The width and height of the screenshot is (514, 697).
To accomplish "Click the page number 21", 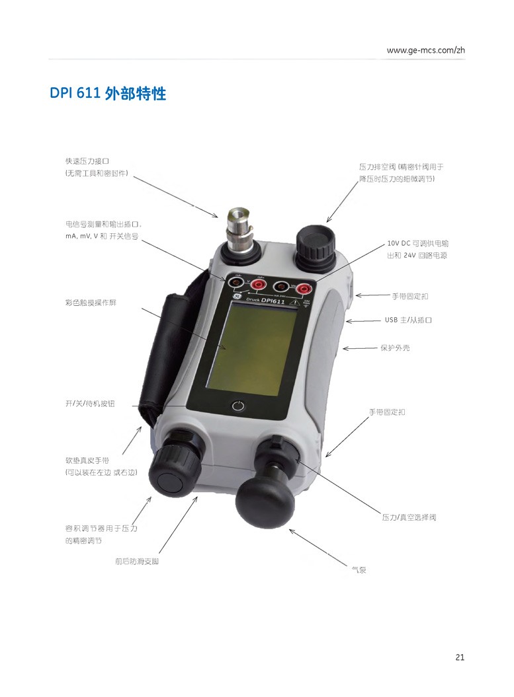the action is point(460,657).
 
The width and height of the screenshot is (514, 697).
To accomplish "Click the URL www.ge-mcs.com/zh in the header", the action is point(425,50).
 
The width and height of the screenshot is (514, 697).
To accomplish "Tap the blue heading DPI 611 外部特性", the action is point(108,93).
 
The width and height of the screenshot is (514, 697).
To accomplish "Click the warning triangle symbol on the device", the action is point(294,303).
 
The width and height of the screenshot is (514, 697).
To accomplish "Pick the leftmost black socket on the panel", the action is point(236,282).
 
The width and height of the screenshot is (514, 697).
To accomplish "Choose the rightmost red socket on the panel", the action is point(304,289).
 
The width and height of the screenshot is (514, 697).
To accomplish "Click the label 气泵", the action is point(359,569).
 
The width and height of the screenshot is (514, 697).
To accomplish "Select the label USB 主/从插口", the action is point(408,320).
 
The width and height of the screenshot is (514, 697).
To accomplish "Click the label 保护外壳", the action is point(395,348).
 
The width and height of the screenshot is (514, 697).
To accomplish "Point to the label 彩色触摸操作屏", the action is point(91,303).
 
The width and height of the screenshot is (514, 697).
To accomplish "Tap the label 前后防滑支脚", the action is point(137,561).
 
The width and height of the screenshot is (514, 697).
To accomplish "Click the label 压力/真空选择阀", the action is point(409,517).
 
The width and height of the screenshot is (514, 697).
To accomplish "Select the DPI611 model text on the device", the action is point(273,301).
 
